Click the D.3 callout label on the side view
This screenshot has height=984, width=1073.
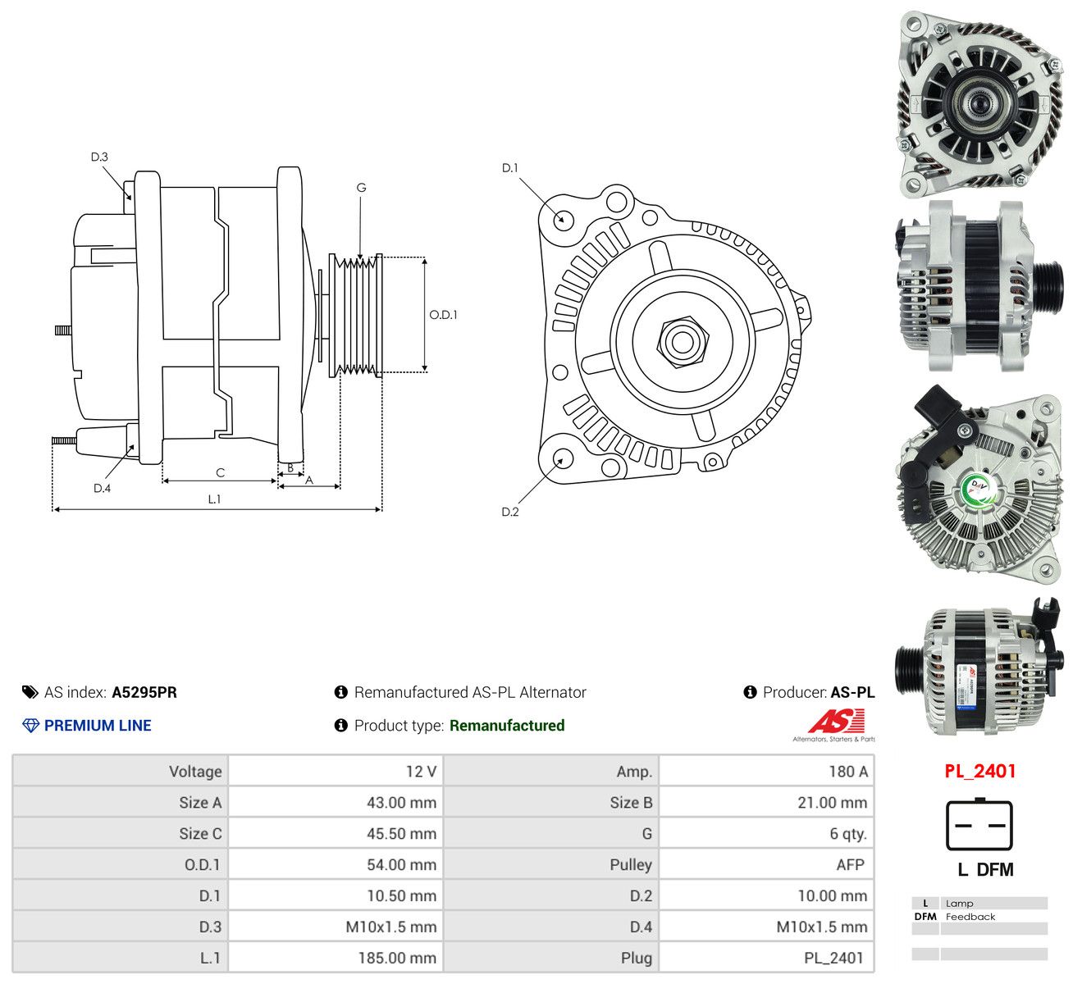coord(99,157)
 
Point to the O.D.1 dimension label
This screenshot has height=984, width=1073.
coord(444,315)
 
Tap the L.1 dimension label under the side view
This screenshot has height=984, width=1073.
coord(214,499)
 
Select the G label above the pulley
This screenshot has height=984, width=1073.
coord(362,188)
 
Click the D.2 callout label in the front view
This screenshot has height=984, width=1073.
coord(509,512)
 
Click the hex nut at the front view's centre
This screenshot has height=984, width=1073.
coord(683,342)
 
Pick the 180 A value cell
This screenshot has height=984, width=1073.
coord(766,771)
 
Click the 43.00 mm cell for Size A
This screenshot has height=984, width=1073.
coord(336,802)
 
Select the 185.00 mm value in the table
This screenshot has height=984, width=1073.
coord(397,957)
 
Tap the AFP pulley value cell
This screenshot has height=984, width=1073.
coord(766,864)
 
